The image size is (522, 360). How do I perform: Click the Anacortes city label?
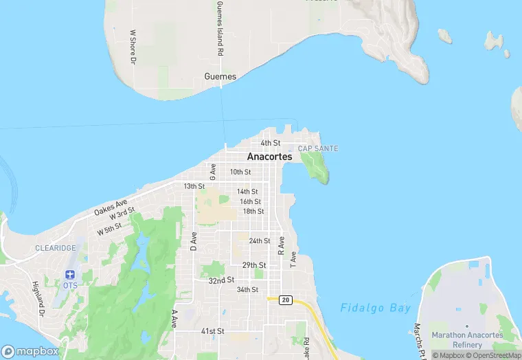click(269, 157)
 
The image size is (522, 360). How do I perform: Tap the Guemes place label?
click(220, 77)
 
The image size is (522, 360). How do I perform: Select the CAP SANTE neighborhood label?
click(317, 148)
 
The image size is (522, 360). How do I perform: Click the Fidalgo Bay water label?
click(376, 308)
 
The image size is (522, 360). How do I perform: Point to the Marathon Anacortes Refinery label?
click(467, 339)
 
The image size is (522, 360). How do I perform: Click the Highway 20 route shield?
click(285, 300)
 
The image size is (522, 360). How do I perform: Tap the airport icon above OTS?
click(69, 275)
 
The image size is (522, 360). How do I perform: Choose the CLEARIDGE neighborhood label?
click(56, 247)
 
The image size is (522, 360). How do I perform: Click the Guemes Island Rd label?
click(220, 29)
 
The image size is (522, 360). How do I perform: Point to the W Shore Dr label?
click(133, 47)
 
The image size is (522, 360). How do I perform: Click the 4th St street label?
click(271, 143)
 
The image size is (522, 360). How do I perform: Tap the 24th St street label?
click(260, 241)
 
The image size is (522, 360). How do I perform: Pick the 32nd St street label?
click(222, 280)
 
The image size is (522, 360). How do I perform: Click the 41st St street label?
click(213, 331)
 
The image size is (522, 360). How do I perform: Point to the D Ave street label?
click(194, 241)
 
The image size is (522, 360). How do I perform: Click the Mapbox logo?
click(30, 351)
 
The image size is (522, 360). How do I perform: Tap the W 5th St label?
click(109, 229)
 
